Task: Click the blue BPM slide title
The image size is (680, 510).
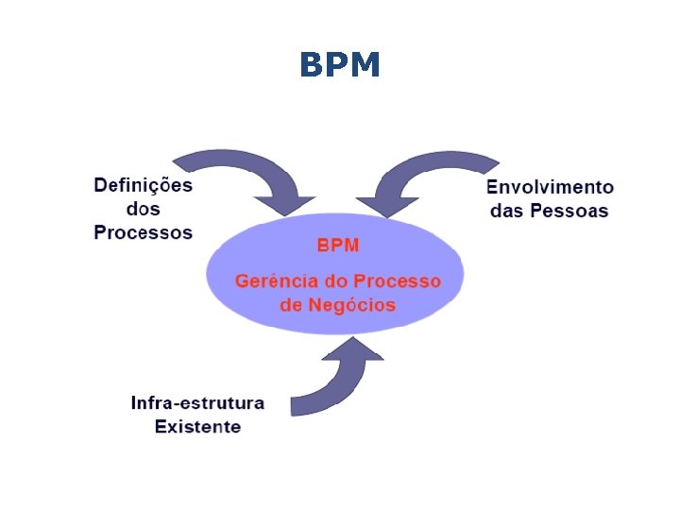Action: coord(340,65)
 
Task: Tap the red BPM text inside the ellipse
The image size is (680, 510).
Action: coord(337,246)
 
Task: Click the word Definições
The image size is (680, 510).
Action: coord(143,185)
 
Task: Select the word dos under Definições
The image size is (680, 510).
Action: coord(143,209)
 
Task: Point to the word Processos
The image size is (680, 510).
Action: coord(143,232)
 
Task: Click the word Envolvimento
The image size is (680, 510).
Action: coord(550,187)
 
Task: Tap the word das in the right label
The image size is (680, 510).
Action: coord(507,211)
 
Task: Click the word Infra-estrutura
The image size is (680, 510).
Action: coord(197,403)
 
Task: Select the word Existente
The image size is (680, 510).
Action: coord(197,427)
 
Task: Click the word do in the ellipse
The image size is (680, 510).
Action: coord(334,281)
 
